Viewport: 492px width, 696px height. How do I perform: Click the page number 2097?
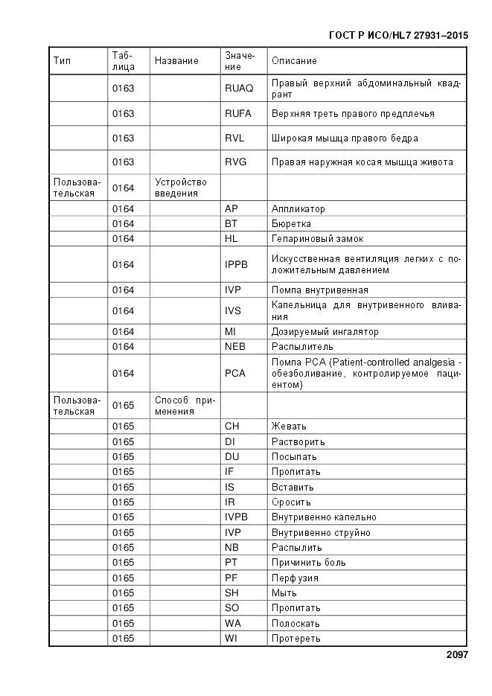[457, 655]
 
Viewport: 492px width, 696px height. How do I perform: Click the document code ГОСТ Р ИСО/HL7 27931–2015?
[397, 35]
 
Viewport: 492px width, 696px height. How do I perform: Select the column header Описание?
[294, 61]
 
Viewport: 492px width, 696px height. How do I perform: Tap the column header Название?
[176, 61]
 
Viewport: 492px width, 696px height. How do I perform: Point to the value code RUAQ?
[239, 89]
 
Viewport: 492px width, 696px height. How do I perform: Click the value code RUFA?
[238, 114]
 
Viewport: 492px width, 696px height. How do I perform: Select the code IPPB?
[236, 264]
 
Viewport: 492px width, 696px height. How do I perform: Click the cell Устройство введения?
[181, 188]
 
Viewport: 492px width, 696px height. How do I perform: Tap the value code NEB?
[235, 347]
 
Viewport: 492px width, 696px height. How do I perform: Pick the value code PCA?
[235, 373]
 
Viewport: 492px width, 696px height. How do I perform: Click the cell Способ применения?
[185, 406]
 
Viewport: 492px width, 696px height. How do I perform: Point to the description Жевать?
[289, 427]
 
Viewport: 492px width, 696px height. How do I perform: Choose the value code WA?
[233, 623]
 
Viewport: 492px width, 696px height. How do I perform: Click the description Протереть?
[296, 639]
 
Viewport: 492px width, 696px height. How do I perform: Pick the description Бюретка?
[292, 224]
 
